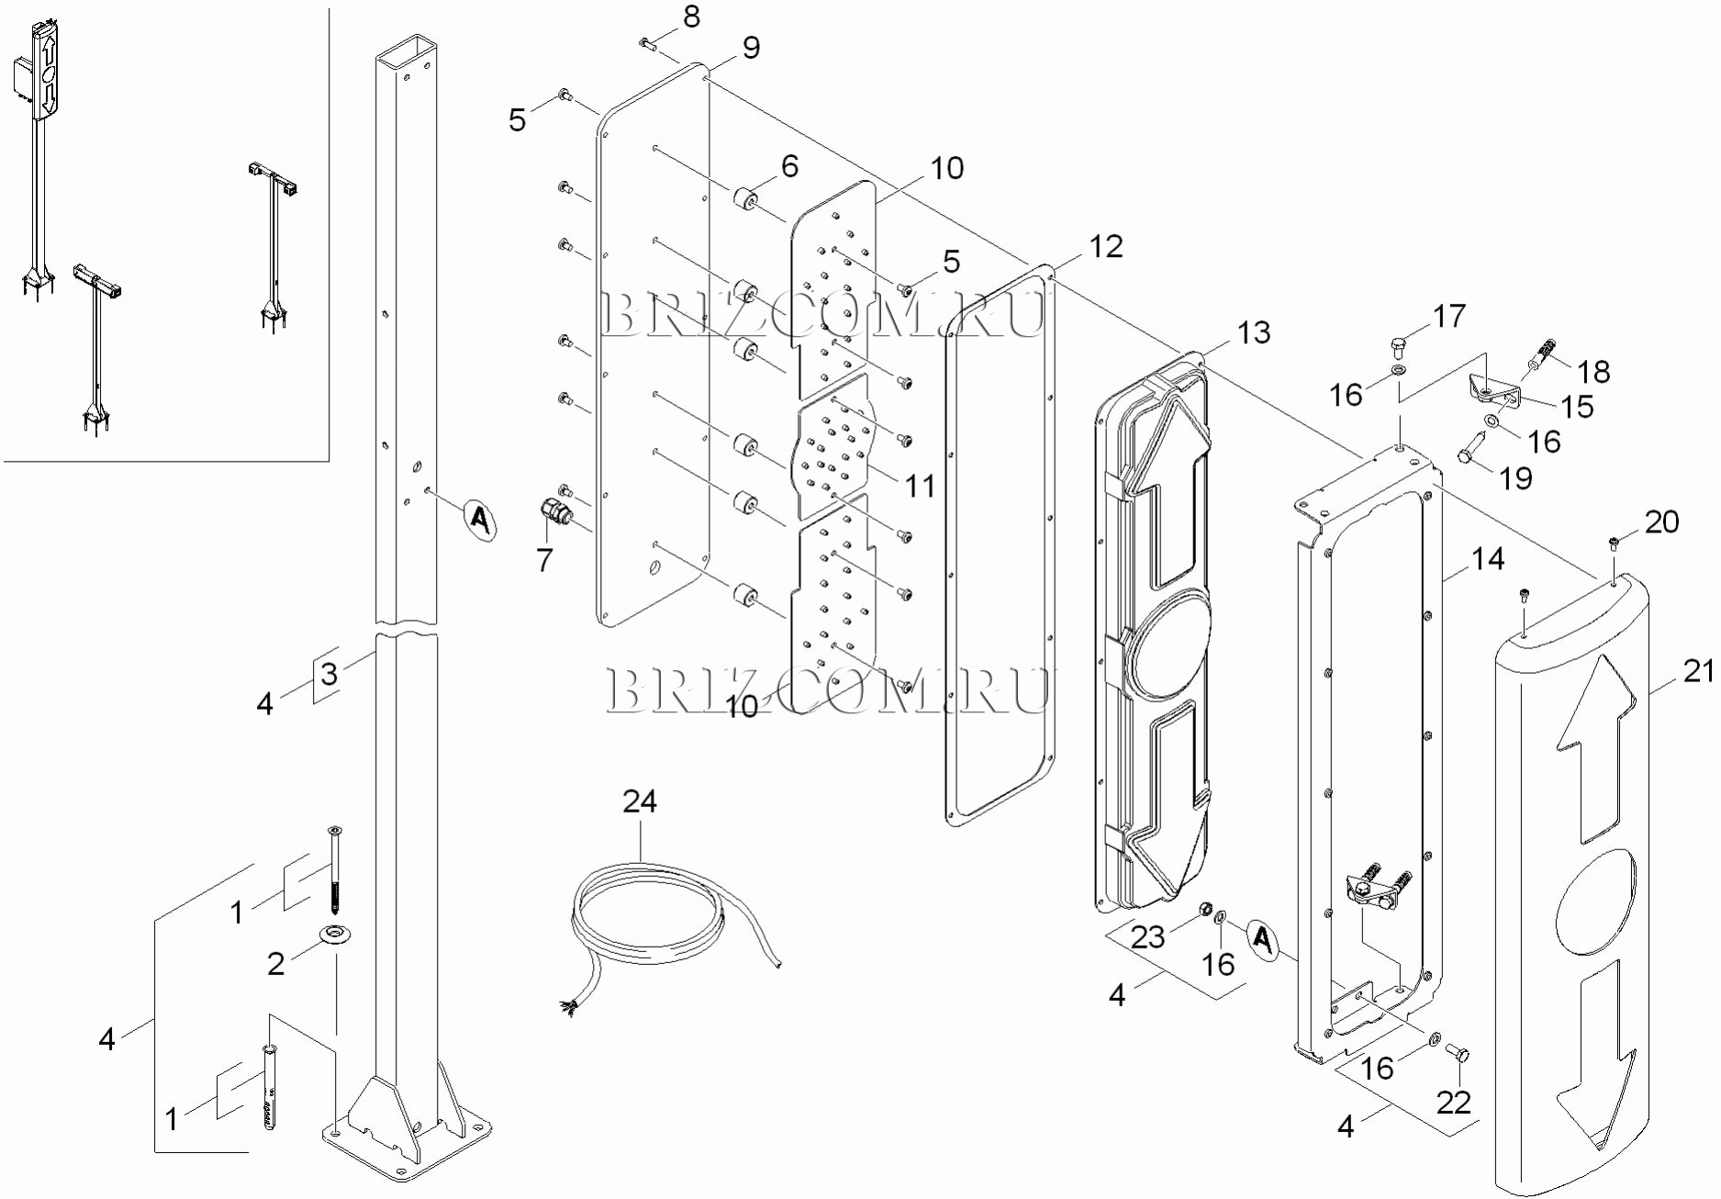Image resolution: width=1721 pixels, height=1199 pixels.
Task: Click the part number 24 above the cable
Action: click(x=640, y=801)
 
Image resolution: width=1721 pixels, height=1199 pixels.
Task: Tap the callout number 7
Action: click(x=544, y=559)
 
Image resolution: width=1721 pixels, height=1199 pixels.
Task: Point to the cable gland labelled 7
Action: click(x=554, y=511)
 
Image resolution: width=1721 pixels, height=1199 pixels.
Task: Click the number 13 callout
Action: click(x=1254, y=332)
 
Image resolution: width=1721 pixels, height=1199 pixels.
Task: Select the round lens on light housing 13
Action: click(x=1168, y=640)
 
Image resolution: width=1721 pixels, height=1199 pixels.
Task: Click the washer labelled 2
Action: click(x=334, y=936)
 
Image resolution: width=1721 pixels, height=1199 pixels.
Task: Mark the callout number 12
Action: click(x=1106, y=246)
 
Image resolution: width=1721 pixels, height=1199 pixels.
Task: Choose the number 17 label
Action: click(x=1449, y=316)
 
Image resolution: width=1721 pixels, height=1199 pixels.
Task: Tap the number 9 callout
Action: click(x=751, y=48)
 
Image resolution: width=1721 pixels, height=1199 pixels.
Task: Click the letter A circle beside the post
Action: click(x=478, y=520)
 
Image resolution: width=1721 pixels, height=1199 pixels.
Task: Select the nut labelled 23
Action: click(x=1201, y=910)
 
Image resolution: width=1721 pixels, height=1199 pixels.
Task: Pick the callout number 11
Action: click(x=920, y=486)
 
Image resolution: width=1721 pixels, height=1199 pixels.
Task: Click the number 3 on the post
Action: click(x=330, y=673)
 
